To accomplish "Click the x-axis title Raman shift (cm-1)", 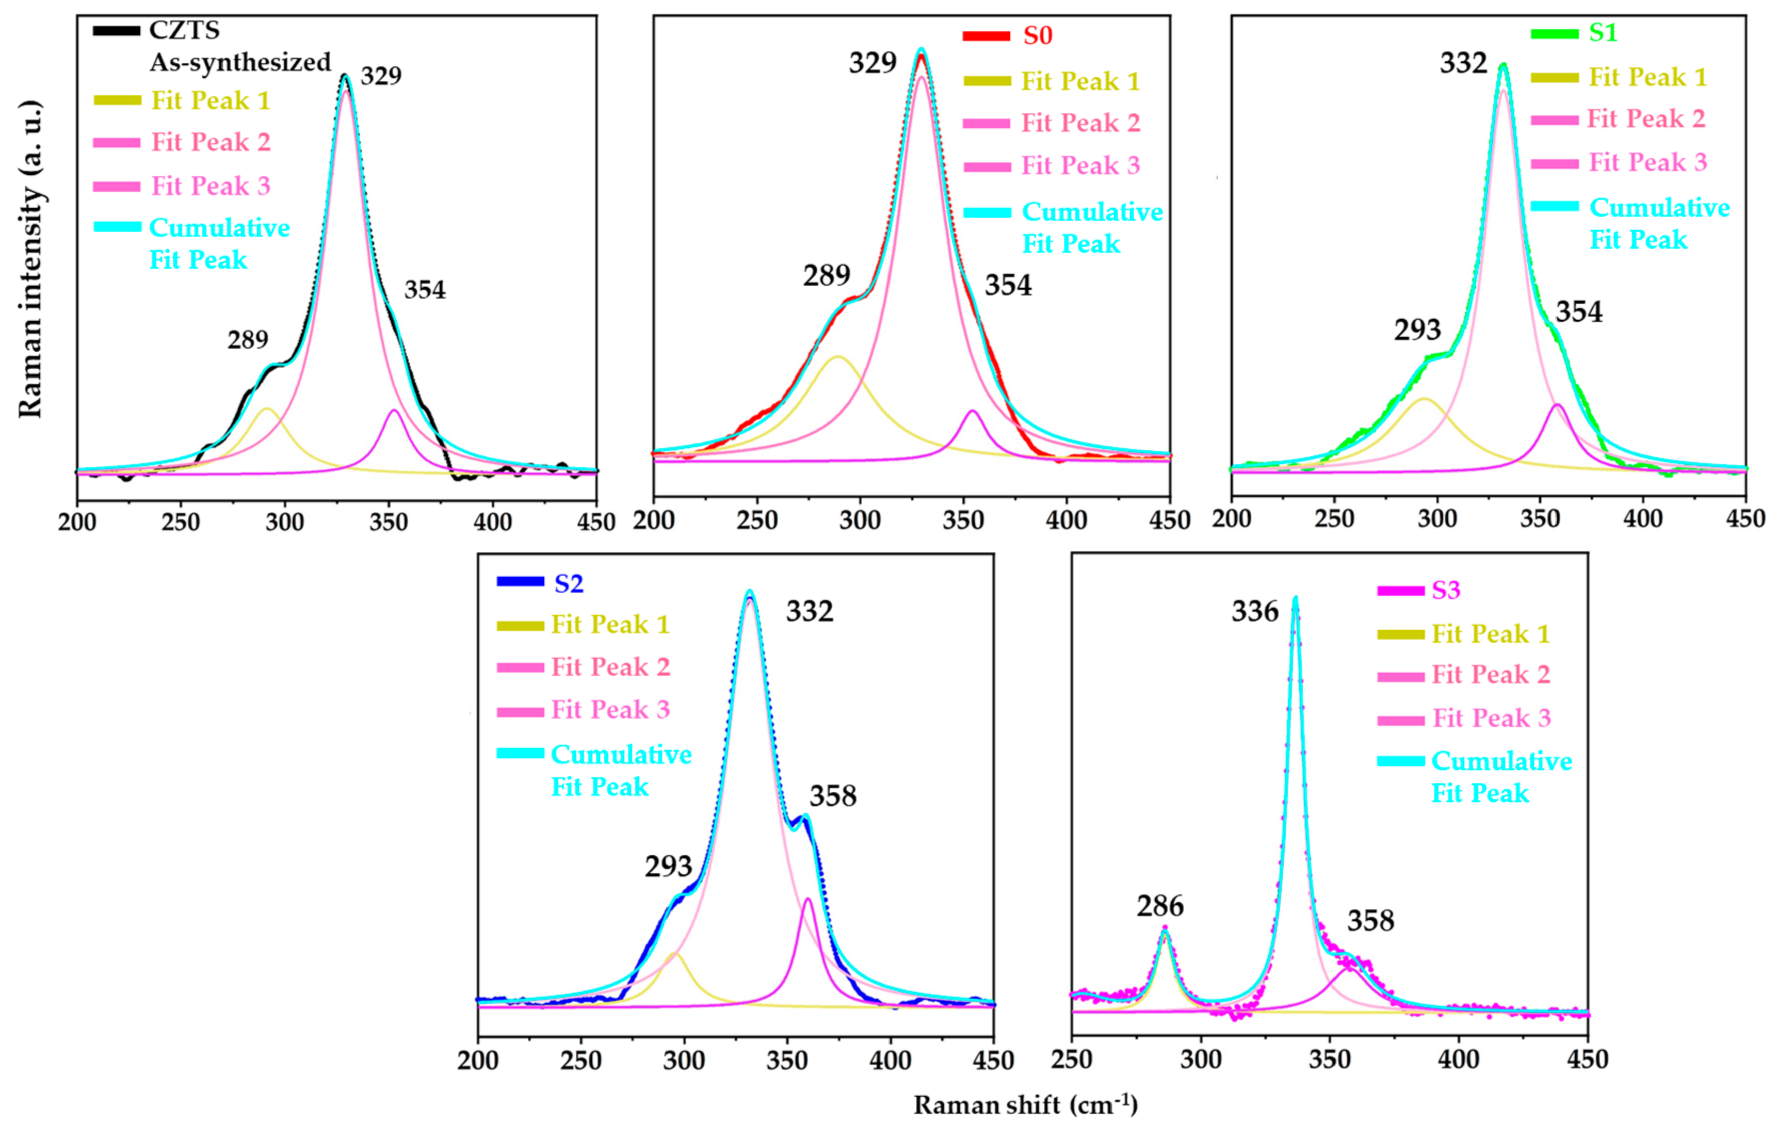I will [x=1025, y=1105].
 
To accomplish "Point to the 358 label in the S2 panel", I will [x=833, y=796].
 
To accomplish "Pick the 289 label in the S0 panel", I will [x=826, y=276].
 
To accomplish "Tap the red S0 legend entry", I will [x=1037, y=36].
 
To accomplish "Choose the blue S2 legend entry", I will [x=569, y=584].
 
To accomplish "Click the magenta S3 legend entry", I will [x=1446, y=590].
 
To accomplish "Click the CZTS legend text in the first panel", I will [x=184, y=30].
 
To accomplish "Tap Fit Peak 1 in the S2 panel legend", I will [x=610, y=625].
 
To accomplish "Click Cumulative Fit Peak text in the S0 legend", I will [x=1091, y=228].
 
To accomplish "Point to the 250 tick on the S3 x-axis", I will [x=1071, y=1060].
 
